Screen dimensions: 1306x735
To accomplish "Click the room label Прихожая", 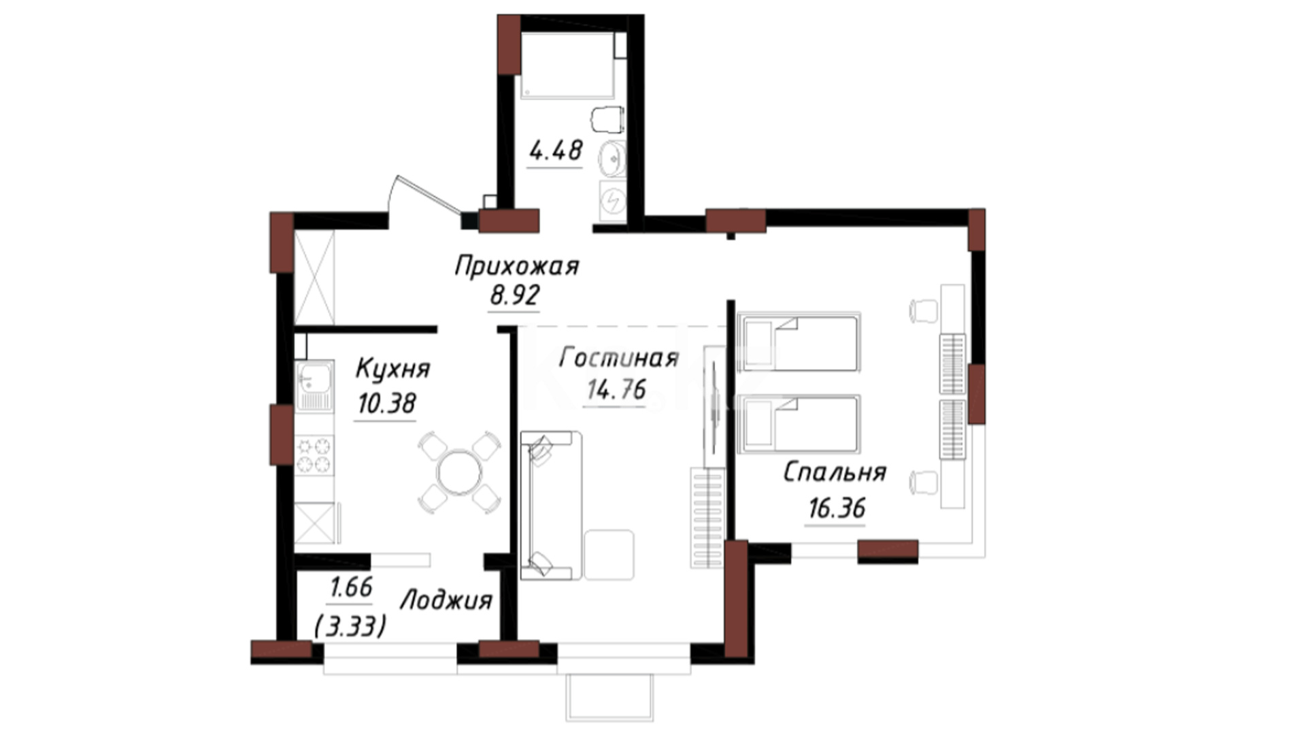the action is pyautogui.click(x=516, y=266).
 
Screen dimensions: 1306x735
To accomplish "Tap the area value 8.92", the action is pyautogui.click(x=514, y=295).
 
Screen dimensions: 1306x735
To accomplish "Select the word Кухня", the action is pyautogui.click(x=392, y=369).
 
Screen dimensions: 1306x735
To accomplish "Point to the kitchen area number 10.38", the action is pyautogui.click(x=386, y=404).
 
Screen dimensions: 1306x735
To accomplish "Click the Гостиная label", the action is pyautogui.click(x=618, y=358).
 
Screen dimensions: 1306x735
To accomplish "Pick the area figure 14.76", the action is pyautogui.click(x=616, y=389).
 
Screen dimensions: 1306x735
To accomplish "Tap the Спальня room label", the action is pyautogui.click(x=835, y=472).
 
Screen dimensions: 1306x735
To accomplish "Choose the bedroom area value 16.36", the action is pyautogui.click(x=837, y=508).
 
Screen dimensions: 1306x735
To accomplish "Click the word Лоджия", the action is pyautogui.click(x=446, y=601).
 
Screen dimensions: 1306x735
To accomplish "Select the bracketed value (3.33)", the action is pyautogui.click(x=350, y=625).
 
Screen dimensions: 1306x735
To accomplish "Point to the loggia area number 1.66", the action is pyautogui.click(x=351, y=587).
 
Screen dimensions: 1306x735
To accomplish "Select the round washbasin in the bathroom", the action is pyautogui.click(x=612, y=159).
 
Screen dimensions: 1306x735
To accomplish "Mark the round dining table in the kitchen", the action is pyautogui.click(x=460, y=472).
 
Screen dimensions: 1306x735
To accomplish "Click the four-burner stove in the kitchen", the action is pyautogui.click(x=314, y=455).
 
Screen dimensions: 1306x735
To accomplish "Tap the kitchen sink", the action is pyautogui.click(x=314, y=386).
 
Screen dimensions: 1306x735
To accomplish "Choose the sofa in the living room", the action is pyautogui.click(x=551, y=506).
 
